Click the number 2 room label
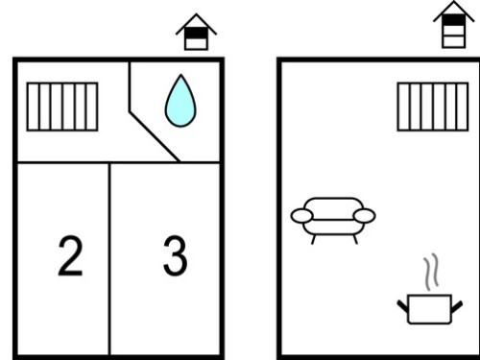pos(70,256)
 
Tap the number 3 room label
pos(175,255)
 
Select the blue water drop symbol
pos(180,101)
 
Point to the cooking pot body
pos(430,309)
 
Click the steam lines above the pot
pos(431,272)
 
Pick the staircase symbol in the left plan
pos(62,107)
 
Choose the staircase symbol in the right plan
pos(433,107)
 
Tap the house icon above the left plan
pos(196,32)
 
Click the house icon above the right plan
pos(454,25)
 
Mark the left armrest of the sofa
pos(301,215)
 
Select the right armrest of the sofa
pos(365,215)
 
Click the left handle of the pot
pos(403,306)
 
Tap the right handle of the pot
pos(457,306)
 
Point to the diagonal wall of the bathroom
pos(155,136)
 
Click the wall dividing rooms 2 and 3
pos(109,258)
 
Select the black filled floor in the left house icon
pos(196,33)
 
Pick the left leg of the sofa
pos(314,239)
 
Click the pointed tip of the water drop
pos(181,75)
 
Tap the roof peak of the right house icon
pos(454,1)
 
